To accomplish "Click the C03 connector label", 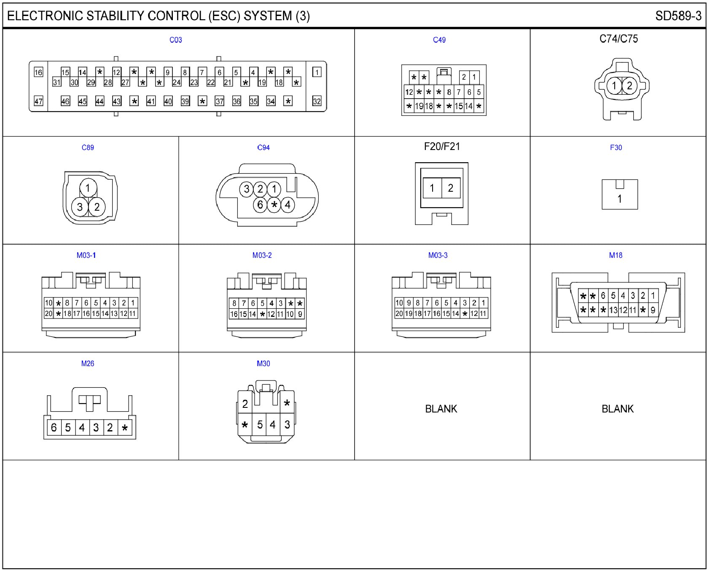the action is pyautogui.click(x=175, y=40).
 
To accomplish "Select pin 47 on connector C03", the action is pyautogui.click(x=38, y=101).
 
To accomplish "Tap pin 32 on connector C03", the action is pyautogui.click(x=317, y=101).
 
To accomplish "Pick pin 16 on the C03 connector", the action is pyautogui.click(x=38, y=72).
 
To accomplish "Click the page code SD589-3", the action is pyautogui.click(x=678, y=16).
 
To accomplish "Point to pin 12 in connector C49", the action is pyautogui.click(x=409, y=92).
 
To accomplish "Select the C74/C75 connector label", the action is pyautogui.click(x=619, y=39).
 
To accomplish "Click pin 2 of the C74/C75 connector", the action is pyautogui.click(x=629, y=86).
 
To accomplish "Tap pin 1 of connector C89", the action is pyautogui.click(x=88, y=188).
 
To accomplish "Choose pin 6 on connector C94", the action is pyautogui.click(x=260, y=205).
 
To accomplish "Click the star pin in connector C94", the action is pyautogui.click(x=274, y=205).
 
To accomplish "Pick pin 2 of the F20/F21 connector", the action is pyautogui.click(x=451, y=188).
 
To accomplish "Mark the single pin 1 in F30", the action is pyautogui.click(x=619, y=198).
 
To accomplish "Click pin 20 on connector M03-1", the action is pyautogui.click(x=48, y=313).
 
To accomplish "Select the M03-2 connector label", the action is pyautogui.click(x=262, y=255).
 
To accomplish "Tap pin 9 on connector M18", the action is pyautogui.click(x=653, y=310).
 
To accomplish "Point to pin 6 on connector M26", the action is pyautogui.click(x=54, y=428).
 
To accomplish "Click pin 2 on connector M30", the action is pyautogui.click(x=245, y=404).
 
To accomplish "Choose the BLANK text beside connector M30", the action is pyautogui.click(x=441, y=409).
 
